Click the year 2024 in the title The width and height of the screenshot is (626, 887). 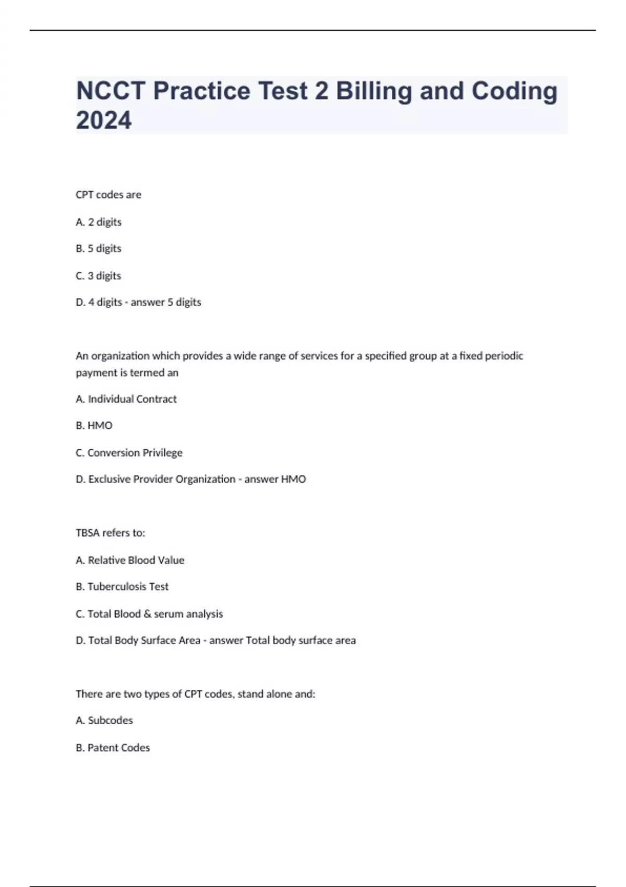104,120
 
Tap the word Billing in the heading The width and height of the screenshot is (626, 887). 374,91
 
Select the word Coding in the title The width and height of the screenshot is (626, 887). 514,91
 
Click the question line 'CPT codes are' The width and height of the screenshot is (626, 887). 109,195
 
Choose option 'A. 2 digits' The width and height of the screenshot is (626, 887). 99,222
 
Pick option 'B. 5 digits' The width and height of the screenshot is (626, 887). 99,248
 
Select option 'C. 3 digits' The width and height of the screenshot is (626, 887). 99,275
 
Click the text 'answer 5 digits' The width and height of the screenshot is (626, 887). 166,302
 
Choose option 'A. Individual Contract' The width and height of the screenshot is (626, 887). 126,399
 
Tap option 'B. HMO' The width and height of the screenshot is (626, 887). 94,426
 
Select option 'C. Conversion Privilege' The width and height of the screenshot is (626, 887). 129,453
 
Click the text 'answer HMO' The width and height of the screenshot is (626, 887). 275,479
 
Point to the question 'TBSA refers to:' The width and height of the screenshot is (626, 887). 111,533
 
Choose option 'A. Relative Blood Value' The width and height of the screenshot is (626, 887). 130,560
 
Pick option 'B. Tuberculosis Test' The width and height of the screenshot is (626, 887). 122,586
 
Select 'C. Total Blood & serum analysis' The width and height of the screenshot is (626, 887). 149,614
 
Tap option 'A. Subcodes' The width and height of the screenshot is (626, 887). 104,720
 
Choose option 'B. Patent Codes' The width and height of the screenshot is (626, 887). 113,748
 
